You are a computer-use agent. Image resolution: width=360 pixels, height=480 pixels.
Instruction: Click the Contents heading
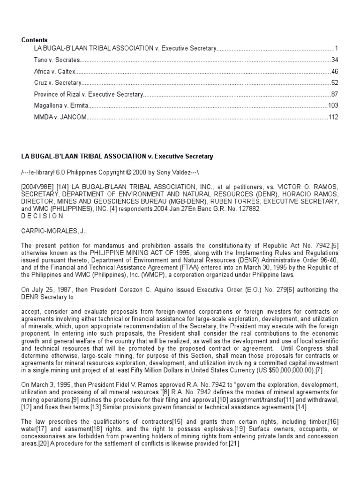(34, 40)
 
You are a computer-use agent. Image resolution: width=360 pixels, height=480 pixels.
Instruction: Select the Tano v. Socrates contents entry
(57, 60)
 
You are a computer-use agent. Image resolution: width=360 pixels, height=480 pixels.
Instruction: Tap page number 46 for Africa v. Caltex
(334, 72)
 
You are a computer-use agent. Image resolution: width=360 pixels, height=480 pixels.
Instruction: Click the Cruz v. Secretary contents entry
(58, 83)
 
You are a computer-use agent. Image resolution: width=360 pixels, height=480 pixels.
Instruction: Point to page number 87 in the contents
(334, 94)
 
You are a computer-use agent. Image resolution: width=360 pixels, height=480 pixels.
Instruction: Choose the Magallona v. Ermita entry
(61, 105)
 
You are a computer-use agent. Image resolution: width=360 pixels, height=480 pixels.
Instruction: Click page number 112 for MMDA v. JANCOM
(332, 117)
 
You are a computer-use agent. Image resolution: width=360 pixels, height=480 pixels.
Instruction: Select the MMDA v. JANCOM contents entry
(60, 117)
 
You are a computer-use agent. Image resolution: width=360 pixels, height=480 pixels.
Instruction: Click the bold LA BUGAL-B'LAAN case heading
(117, 156)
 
